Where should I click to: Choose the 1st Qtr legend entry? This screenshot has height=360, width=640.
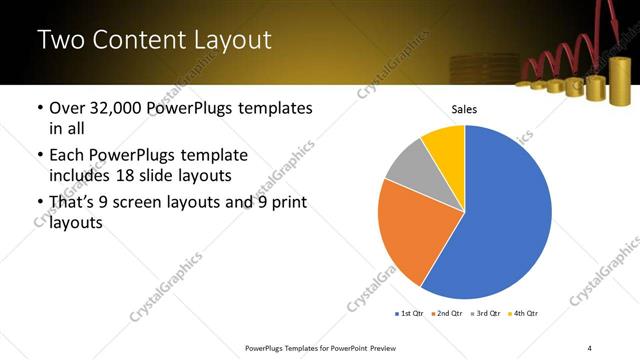(x=411, y=314)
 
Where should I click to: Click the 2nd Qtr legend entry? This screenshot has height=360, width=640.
(x=449, y=314)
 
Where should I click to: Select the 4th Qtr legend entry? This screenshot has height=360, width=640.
(x=525, y=314)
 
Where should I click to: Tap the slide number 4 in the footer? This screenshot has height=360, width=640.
(x=590, y=347)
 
